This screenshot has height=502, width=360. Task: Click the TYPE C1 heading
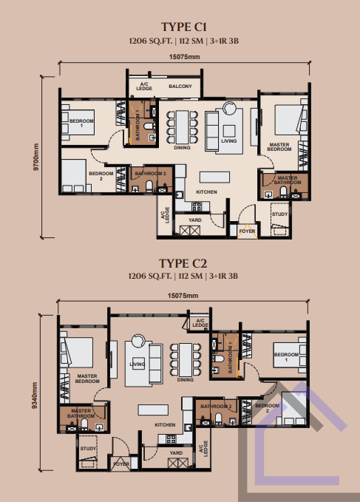pos(184,27)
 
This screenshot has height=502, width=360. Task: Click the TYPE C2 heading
pos(183,263)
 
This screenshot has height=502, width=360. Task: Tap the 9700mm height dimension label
pos(35,157)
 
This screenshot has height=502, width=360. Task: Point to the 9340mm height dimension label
pos(35,395)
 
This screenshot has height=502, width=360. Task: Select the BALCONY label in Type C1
pos(180,86)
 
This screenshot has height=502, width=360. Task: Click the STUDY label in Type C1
pos(279,214)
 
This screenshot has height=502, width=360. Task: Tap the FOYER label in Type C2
pos(121,464)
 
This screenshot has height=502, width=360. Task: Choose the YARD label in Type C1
pos(195,220)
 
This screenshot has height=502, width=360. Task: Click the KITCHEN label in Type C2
pos(165,425)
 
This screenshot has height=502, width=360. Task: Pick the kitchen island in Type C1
pos(214,177)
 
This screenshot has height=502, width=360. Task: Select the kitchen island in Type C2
pos(153,410)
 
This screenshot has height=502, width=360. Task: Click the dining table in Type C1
pos(183,127)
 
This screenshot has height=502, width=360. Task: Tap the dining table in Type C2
pos(186,360)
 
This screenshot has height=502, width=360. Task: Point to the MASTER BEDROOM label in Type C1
pos(279,147)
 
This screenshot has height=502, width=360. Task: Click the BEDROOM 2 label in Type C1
pos(101,176)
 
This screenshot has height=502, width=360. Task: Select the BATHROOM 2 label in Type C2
pos(216,407)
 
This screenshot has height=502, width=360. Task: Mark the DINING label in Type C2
pos(186,380)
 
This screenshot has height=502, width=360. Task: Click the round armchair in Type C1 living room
pos(229,108)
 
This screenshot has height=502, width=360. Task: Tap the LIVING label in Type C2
pos(137,364)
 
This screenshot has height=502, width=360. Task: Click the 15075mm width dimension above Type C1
pos(184,57)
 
